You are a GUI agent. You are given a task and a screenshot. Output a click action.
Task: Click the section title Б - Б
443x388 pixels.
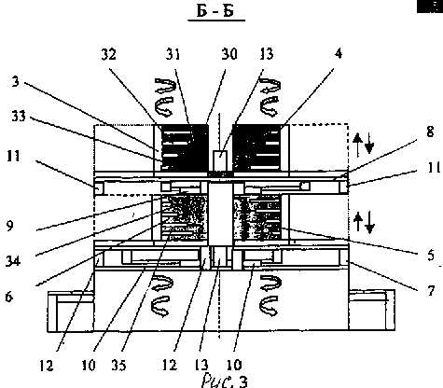click(x=215, y=10)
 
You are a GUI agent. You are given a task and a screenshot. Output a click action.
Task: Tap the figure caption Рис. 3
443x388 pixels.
click(x=225, y=381)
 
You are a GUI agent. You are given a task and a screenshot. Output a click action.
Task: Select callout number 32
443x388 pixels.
click(x=109, y=54)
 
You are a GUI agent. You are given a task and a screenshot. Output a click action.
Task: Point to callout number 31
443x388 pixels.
click(x=173, y=54)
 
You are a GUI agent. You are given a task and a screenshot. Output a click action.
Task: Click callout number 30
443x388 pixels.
click(x=229, y=53)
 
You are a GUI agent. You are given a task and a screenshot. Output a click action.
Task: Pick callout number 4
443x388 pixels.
click(x=339, y=53)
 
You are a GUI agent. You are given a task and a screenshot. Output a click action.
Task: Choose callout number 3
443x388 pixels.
click(x=16, y=81)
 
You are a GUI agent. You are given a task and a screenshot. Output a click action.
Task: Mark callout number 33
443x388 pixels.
click(x=19, y=117)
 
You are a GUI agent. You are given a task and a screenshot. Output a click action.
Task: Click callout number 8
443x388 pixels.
click(x=430, y=132)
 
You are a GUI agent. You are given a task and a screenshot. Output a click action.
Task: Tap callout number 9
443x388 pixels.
click(x=9, y=226)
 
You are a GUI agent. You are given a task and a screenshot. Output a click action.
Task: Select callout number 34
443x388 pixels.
click(x=12, y=260)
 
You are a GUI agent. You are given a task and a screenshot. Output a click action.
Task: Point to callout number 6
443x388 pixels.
click(x=9, y=297)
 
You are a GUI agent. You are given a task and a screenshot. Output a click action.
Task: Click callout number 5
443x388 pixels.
click(x=430, y=255)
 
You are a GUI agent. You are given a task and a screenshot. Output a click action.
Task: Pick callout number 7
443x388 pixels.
click(x=430, y=291)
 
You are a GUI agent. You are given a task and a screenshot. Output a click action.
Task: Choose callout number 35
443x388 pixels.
click(x=118, y=365)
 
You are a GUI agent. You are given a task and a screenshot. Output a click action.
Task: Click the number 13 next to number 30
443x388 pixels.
click(x=266, y=53)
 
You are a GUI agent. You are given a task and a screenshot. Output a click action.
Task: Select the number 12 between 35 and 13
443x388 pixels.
click(x=169, y=365)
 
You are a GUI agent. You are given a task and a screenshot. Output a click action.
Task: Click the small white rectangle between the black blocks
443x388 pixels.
click(x=220, y=160)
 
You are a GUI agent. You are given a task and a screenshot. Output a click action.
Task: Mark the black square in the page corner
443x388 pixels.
click(x=430, y=7)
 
